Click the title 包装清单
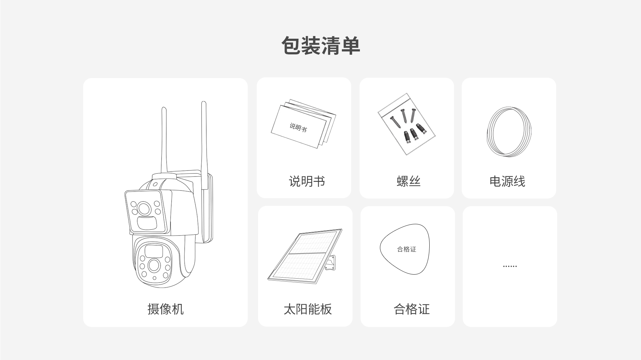320,46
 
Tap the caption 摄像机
166,309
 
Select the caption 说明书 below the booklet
307,181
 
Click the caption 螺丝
409,181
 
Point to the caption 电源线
507,181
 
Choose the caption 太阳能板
308,309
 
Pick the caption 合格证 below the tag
412,309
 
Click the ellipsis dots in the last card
510,266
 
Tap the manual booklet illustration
303,123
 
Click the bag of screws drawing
407,124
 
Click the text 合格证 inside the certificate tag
407,249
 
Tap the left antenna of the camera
164,140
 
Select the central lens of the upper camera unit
144,209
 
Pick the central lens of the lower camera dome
154,265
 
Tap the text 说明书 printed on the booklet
298,127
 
